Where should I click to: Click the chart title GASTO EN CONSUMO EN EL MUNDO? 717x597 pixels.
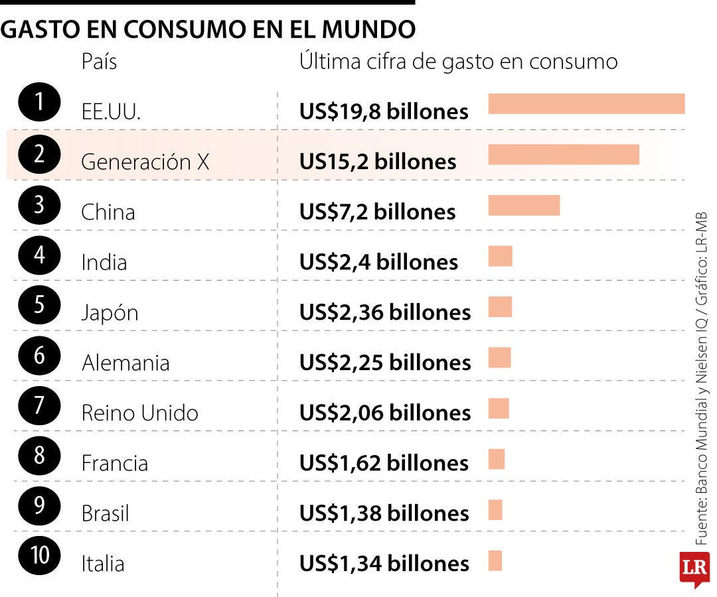pos(208,30)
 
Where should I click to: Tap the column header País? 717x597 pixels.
pos(99,62)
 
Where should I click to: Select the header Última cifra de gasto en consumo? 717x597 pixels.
pos(458,62)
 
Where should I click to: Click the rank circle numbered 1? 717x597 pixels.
pos(40,103)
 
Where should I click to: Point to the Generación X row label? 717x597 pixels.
pos(145,162)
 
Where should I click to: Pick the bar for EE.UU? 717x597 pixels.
pos(586,104)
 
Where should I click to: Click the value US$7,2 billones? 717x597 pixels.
pos(377,212)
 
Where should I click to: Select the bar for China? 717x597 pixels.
pos(524,206)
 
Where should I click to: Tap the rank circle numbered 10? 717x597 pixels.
pos(40,556)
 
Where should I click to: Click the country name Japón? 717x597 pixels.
pos(110,312)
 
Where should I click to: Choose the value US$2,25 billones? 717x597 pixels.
pos(385,363)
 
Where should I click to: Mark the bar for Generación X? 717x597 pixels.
pos(564,155)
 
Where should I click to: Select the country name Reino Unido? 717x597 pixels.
pos(139,413)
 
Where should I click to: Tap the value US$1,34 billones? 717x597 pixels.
pos(384,564)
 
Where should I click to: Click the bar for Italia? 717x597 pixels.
pos(495,561)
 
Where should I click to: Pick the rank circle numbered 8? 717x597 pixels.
pos(40,456)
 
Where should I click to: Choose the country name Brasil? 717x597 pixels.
pos(105,513)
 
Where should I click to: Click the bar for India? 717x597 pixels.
pos(500,256)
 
